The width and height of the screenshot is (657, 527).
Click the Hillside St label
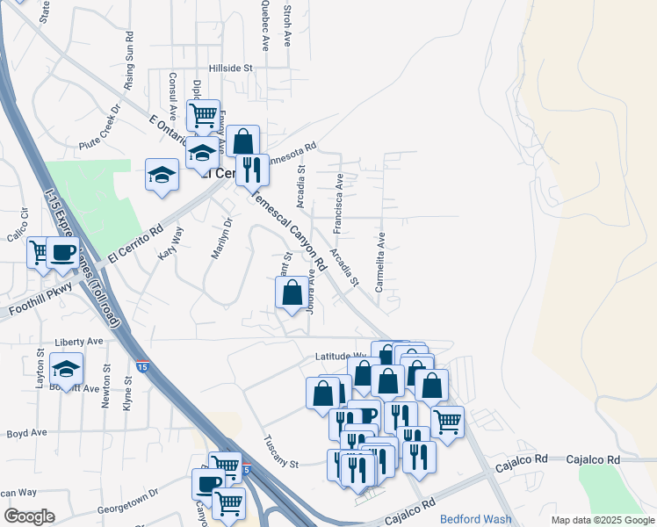point(230,68)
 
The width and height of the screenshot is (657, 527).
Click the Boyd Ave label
point(26,433)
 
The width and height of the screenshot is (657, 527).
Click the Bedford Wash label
point(475,519)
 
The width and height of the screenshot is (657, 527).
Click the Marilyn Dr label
point(220,239)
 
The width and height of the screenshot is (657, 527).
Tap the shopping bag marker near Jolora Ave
point(292,292)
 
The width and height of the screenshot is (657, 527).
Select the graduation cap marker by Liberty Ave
point(66,368)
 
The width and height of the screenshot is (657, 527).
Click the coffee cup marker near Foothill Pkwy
point(62,252)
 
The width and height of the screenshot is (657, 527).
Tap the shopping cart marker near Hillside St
point(203,114)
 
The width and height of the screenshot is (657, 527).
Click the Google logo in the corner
point(29,516)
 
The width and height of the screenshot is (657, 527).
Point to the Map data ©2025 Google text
point(602,521)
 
